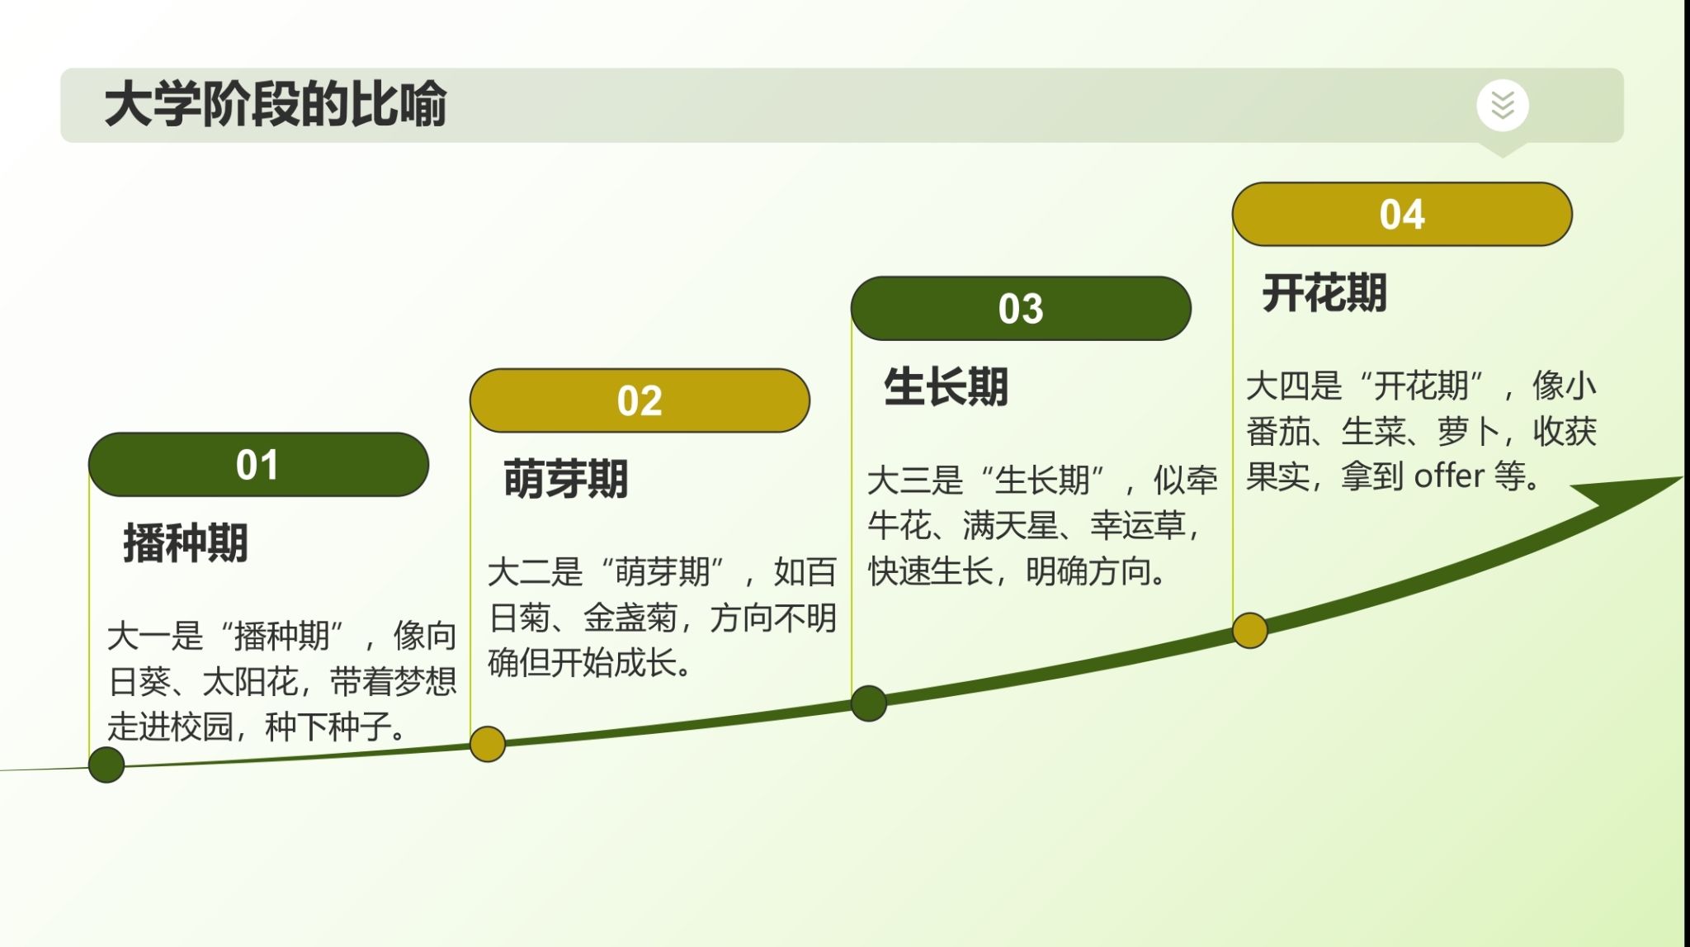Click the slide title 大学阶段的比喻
(275, 104)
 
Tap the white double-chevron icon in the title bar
(1503, 105)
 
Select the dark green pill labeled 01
(258, 464)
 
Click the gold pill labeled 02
(640, 400)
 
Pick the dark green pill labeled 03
(1021, 308)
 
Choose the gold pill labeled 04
(1402, 214)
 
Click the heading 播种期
(186, 543)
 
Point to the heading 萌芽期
(566, 480)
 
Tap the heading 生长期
(946, 386)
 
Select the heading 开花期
(1324, 293)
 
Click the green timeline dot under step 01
(106, 765)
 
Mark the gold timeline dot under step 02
(488, 744)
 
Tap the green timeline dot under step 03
(869, 703)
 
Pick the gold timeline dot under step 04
(1250, 631)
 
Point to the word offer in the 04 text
(1449, 476)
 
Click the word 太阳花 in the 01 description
(250, 682)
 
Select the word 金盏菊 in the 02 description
(630, 618)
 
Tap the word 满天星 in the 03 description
(1011, 525)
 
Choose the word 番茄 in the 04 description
(1277, 431)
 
